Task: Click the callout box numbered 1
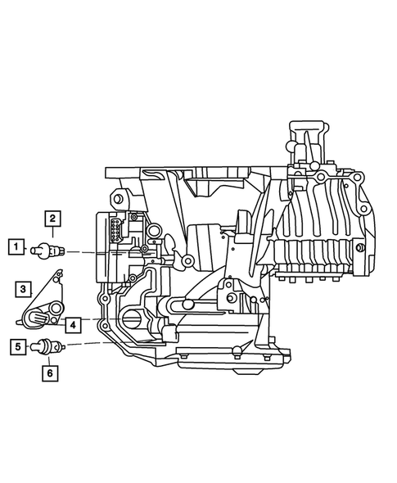15,245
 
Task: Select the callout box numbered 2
52,218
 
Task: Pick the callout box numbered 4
73,325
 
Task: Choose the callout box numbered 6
52,373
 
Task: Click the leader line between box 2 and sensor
52,234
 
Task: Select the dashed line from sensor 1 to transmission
82,251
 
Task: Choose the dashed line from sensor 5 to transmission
82,345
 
